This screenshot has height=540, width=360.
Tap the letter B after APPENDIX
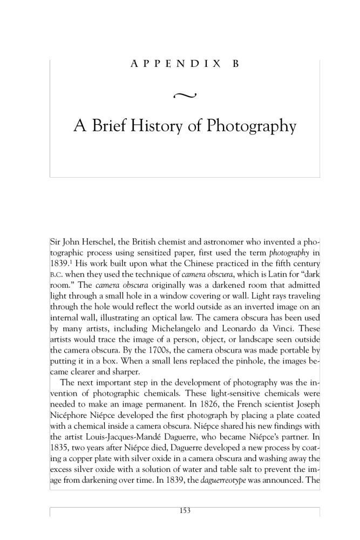coord(235,64)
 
